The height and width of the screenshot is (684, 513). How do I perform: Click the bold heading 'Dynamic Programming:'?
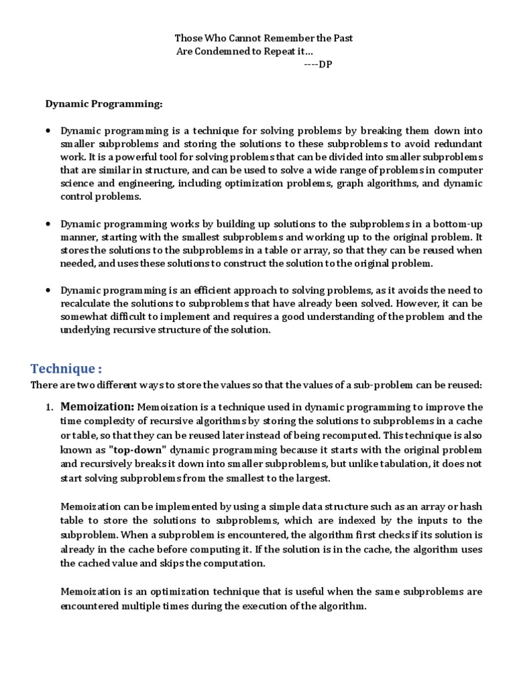click(104, 104)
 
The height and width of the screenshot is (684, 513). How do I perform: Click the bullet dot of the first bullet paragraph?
click(49, 131)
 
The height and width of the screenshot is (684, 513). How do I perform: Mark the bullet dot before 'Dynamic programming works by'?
click(49, 224)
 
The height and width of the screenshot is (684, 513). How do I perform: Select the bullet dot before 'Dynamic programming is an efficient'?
click(49, 291)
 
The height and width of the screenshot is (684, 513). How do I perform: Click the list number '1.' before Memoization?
click(50, 407)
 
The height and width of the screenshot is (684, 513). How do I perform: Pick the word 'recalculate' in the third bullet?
click(88, 303)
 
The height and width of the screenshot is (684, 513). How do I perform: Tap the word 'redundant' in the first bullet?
click(458, 144)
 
